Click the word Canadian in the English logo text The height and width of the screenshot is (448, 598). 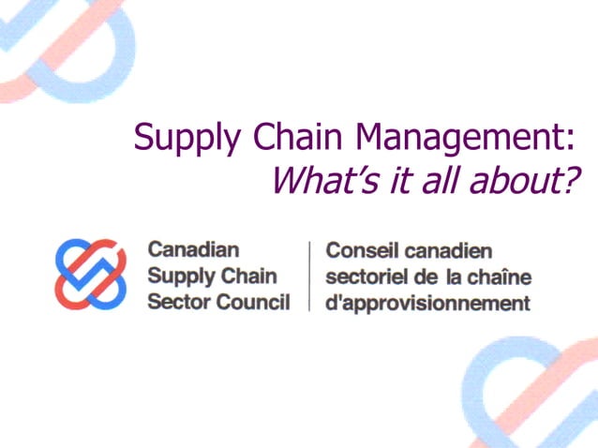coord(193,251)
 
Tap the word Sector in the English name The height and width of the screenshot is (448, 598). coord(176,302)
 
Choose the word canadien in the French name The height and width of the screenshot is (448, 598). coord(448,251)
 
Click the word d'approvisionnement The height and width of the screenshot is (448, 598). coord(427,304)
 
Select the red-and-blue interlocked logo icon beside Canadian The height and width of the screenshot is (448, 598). coord(90,274)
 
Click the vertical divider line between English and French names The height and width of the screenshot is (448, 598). coord(309,276)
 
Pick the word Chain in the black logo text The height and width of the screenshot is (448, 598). coord(248,276)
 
